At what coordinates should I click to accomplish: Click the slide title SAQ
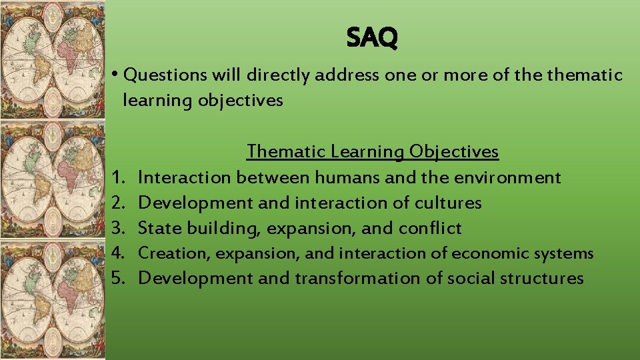tap(372, 39)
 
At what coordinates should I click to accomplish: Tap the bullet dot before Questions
tap(116, 74)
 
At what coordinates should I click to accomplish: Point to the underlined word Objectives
tap(453, 152)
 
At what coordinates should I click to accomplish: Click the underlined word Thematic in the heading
tap(286, 152)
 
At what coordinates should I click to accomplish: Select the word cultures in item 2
tap(448, 203)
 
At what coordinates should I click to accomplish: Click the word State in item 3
tap(160, 229)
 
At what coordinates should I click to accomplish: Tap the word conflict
tap(430, 229)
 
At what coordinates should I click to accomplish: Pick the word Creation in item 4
tap(167, 254)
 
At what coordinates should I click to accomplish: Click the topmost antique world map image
tap(52, 59)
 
